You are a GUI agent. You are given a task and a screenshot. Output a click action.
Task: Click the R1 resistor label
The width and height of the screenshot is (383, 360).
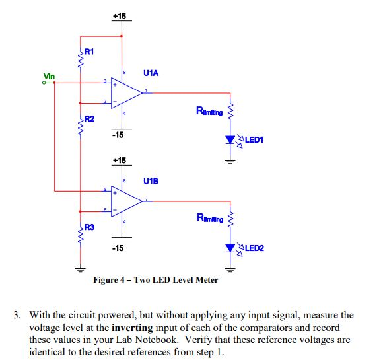coord(89,52)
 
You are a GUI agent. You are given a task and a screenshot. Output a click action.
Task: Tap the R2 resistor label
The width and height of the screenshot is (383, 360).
coord(89,119)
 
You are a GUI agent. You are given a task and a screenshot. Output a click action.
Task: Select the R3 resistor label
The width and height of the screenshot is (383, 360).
coord(89,227)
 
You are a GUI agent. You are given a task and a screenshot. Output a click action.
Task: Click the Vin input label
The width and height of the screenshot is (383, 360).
coord(49,76)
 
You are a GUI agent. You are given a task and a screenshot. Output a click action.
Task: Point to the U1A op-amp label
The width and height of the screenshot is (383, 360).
coord(151,73)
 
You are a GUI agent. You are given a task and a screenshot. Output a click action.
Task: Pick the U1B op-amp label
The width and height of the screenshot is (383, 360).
coord(151,181)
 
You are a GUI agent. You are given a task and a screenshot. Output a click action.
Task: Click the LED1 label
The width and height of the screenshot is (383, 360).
coord(254,140)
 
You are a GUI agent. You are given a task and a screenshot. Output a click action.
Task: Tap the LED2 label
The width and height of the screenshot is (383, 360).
coord(254,248)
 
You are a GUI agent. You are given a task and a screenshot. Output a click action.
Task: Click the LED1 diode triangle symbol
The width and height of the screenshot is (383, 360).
coord(230,140)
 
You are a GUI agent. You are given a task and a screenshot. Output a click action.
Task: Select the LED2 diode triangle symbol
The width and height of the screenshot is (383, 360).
coord(230,248)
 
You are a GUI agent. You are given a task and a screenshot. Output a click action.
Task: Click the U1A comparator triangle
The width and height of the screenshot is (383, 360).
coord(127,93)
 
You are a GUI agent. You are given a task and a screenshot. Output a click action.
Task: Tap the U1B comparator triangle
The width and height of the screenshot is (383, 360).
coord(127,201)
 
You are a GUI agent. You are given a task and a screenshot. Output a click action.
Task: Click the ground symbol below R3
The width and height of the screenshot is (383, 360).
coord(81,270)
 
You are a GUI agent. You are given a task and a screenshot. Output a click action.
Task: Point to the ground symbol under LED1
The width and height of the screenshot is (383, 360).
coord(230,162)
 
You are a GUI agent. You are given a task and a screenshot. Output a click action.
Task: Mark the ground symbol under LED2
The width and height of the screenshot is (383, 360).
coord(230,270)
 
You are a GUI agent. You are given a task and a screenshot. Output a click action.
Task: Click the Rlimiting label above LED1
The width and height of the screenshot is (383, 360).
coord(209,111)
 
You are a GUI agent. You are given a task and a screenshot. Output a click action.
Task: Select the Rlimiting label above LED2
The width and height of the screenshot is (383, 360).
coord(210,218)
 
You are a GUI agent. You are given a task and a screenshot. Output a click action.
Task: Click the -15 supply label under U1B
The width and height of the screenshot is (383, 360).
coord(118,248)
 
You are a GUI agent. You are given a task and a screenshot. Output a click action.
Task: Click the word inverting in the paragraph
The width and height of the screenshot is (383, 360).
coord(132,328)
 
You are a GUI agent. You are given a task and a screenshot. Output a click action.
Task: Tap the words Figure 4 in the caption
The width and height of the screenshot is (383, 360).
coord(109,280)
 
